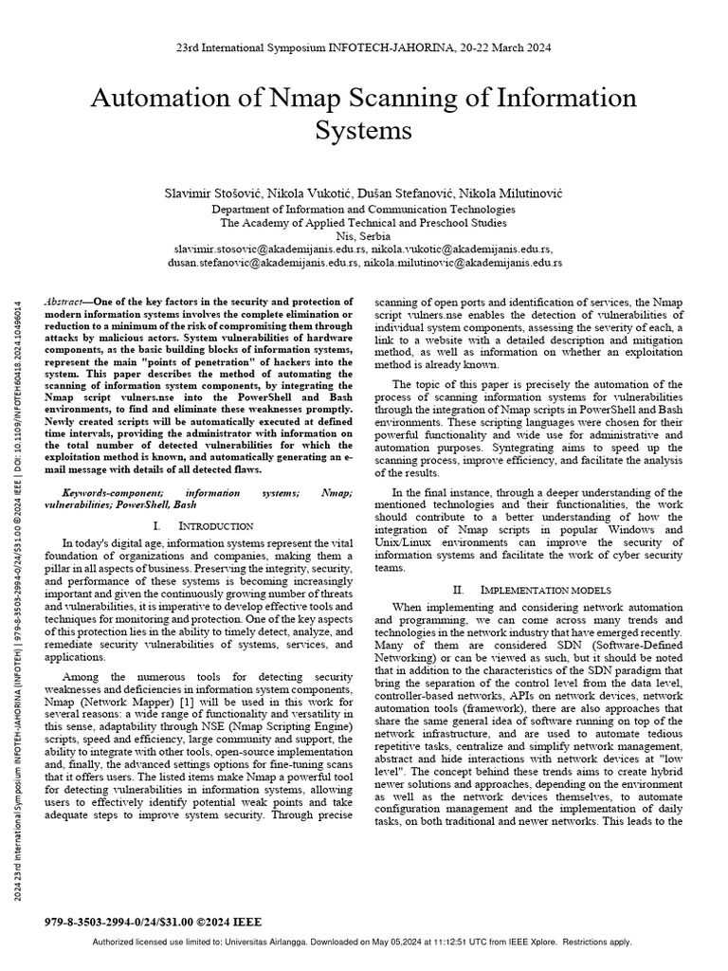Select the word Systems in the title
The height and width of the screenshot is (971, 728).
pos(363,130)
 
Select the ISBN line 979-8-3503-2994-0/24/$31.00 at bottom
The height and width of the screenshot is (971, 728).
pos(153,921)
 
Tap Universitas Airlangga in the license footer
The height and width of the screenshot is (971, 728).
pos(319,942)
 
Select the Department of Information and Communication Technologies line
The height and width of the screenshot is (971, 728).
pos(363,209)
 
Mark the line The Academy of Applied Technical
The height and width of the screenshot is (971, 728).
pos(363,222)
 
